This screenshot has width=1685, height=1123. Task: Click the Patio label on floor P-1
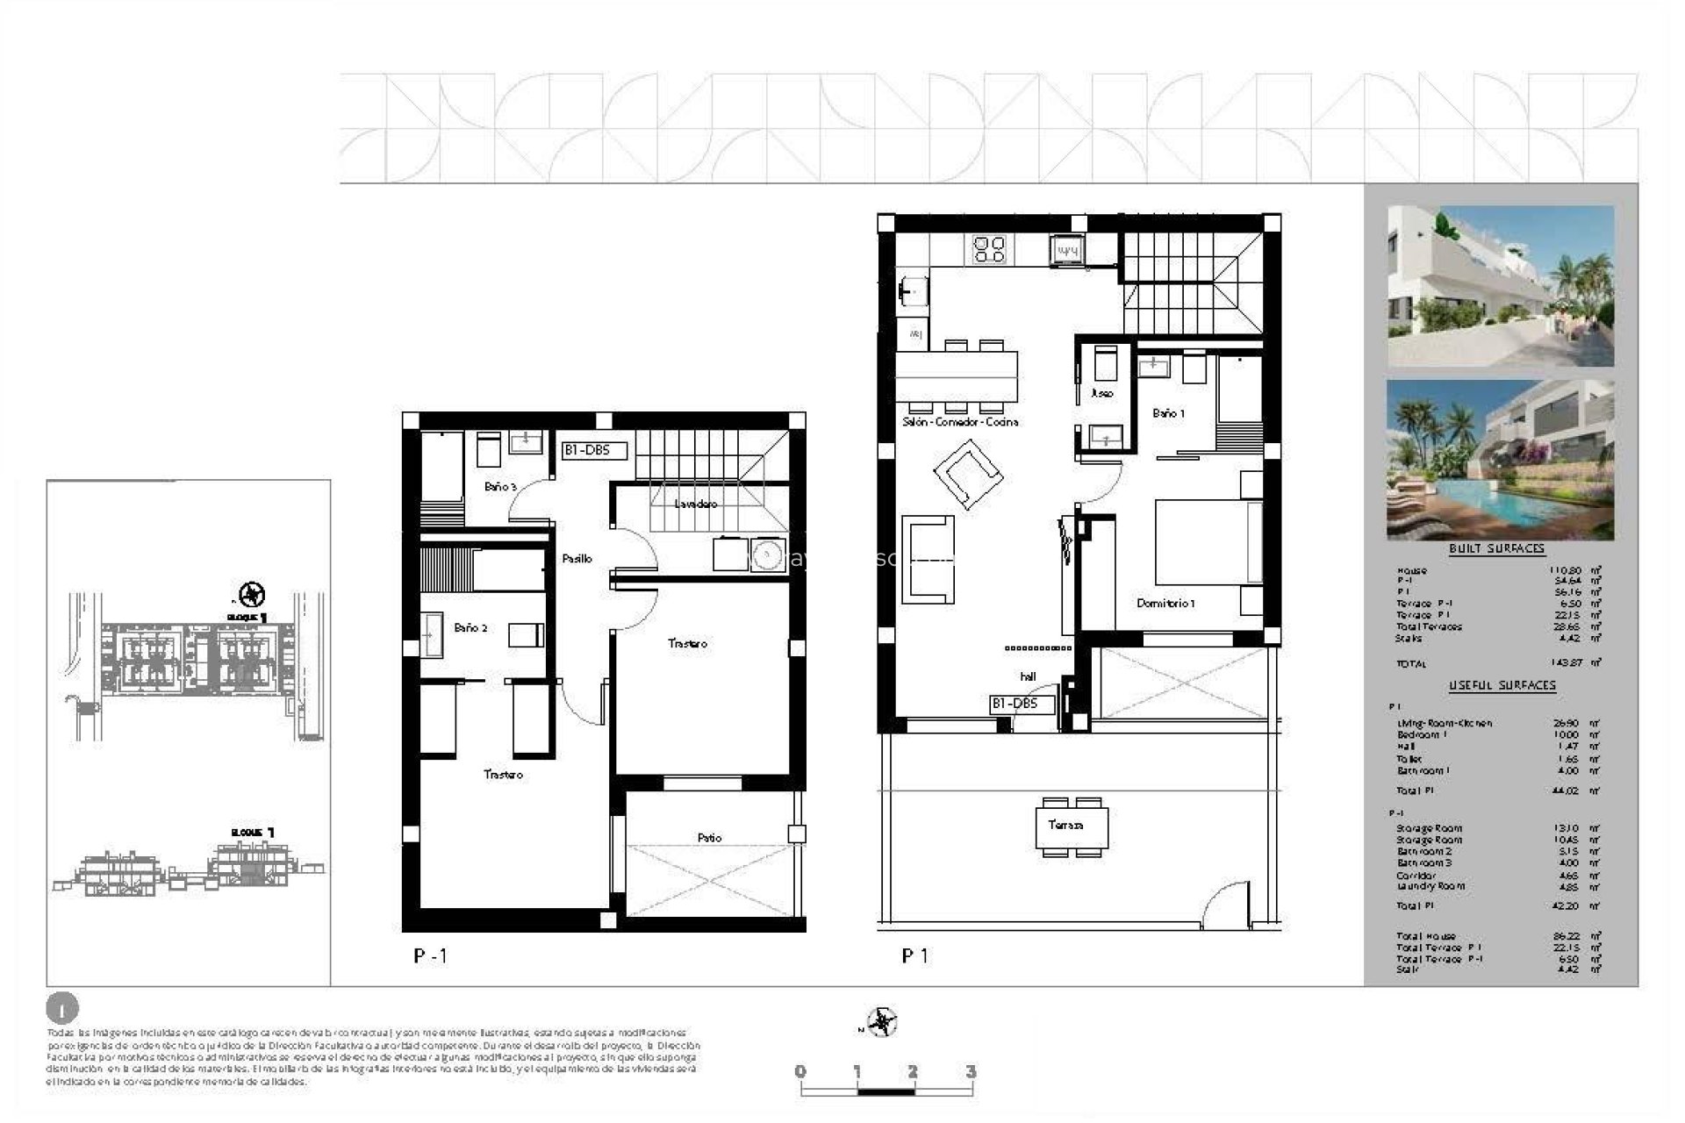coord(709,838)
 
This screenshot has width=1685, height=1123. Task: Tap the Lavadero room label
coord(696,504)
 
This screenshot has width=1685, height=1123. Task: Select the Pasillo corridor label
coord(577,558)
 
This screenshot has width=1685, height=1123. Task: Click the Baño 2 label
coord(470,628)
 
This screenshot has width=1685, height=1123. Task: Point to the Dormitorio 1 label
coord(1165,604)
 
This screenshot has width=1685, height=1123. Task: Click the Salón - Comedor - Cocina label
coord(960,422)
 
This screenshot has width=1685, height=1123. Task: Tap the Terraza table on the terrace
coord(1071,826)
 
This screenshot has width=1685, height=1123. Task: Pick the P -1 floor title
coord(430,956)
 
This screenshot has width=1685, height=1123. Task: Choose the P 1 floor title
coord(915,956)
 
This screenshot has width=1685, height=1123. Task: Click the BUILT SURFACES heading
coord(1496,549)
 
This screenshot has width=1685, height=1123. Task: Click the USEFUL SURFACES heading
coord(1502,685)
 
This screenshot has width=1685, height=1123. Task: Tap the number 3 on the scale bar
coord(970,1071)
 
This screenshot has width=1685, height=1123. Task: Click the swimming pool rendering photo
coord(1500,460)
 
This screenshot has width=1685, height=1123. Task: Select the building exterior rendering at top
coord(1500,286)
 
